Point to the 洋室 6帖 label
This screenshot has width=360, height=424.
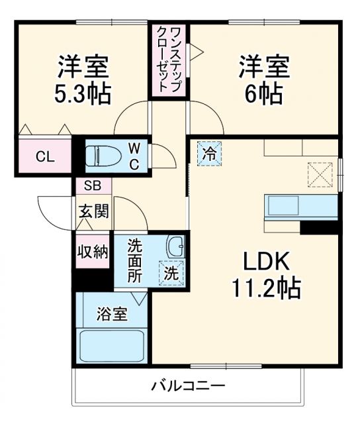[x=264, y=79]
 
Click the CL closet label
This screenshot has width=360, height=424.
[x=44, y=157]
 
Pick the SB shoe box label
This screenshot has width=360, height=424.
[x=92, y=186]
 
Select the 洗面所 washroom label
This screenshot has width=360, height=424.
[x=135, y=260]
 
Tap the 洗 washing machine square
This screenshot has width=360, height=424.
[x=171, y=272]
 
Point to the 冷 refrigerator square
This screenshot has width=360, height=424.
[x=209, y=154]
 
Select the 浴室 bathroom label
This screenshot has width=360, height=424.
[x=111, y=313]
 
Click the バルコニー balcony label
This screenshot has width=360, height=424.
[x=187, y=386]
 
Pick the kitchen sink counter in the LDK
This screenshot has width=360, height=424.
[x=301, y=207]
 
